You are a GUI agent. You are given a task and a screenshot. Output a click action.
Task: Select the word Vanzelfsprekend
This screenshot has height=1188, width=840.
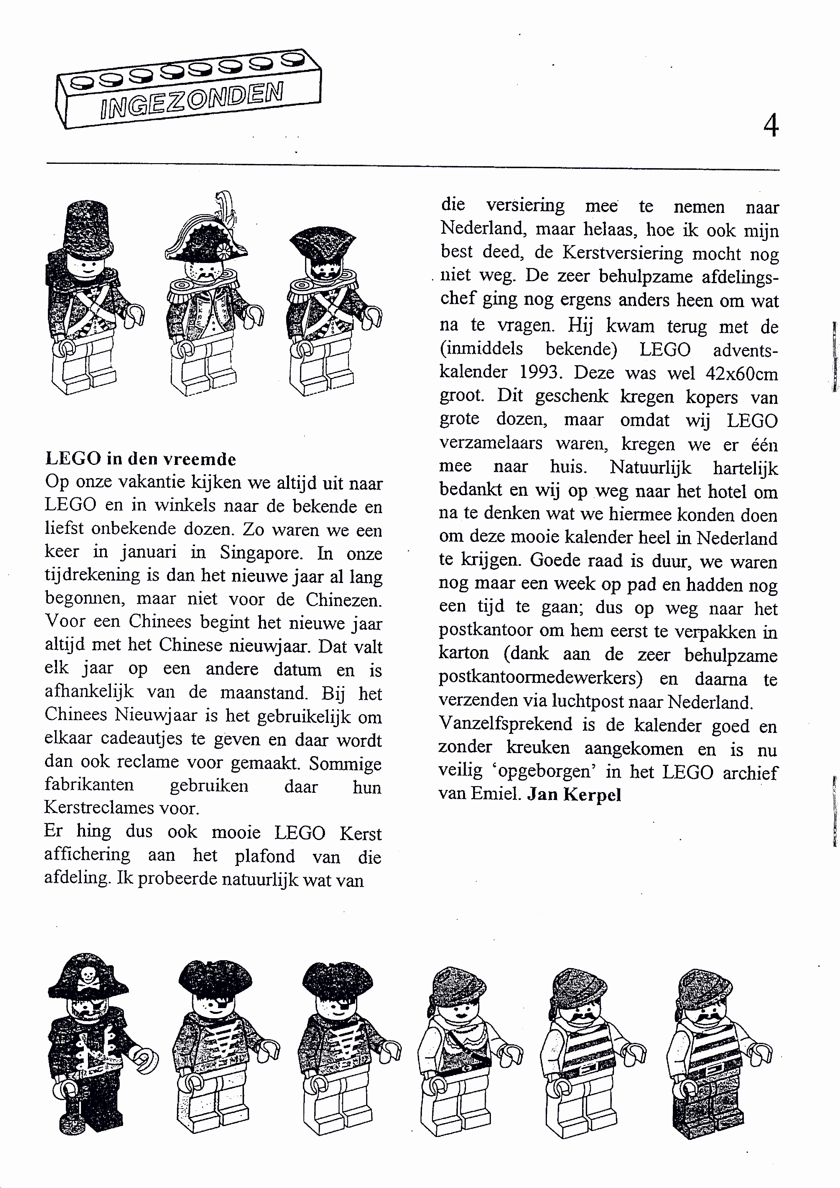tap(505, 724)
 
